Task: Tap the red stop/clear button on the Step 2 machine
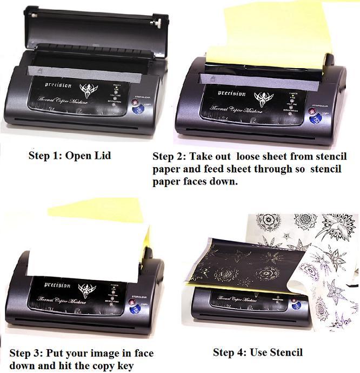(312, 112)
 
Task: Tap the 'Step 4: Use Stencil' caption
(258, 353)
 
